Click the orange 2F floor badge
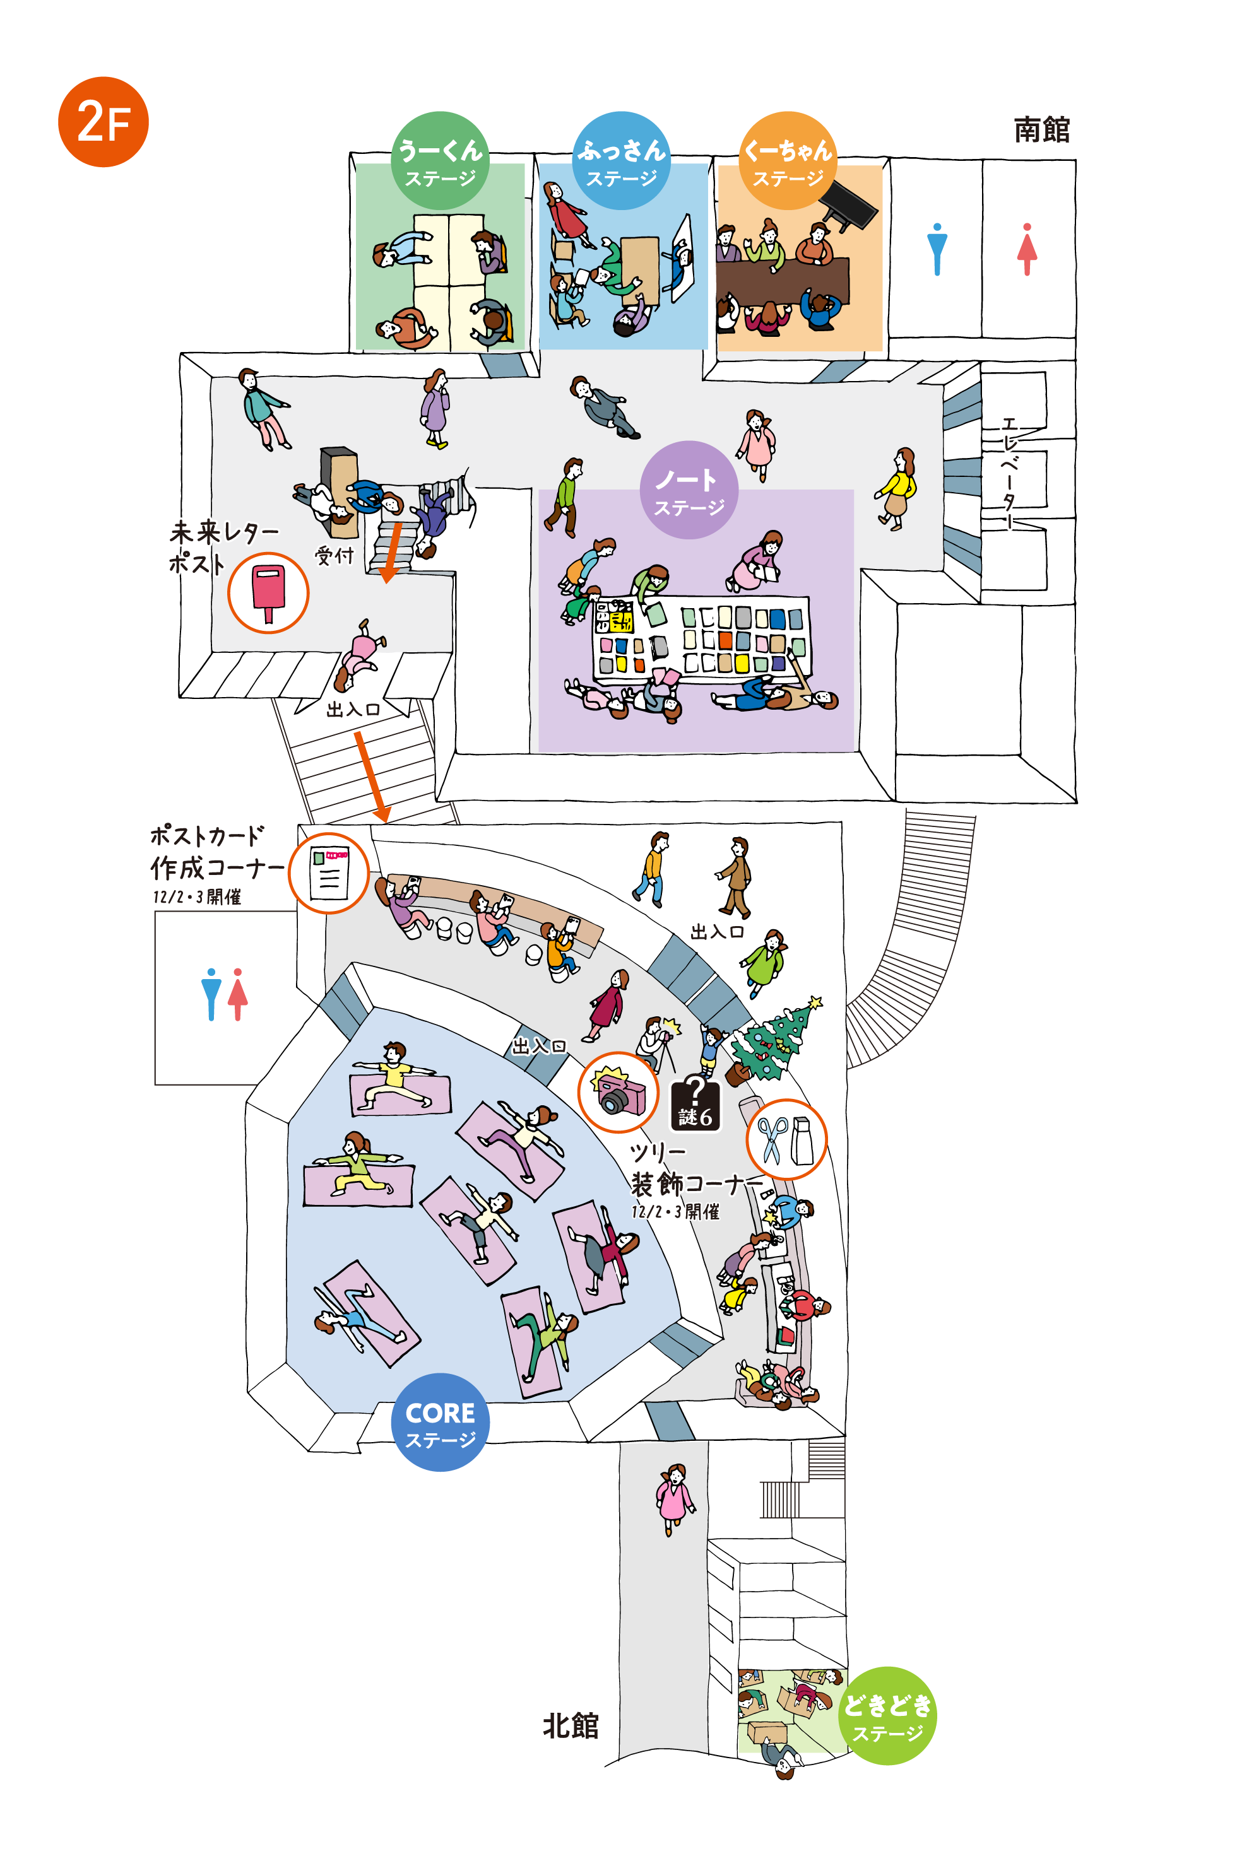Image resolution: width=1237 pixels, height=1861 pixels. click(104, 122)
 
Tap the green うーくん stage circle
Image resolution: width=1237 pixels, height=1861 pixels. click(441, 160)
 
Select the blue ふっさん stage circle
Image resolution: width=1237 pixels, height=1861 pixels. click(621, 160)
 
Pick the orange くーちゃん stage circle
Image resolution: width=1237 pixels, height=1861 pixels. click(788, 160)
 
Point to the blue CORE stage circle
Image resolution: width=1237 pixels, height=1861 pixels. click(441, 1422)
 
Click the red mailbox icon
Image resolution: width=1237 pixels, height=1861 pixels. click(268, 593)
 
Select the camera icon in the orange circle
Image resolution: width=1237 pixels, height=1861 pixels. click(618, 1092)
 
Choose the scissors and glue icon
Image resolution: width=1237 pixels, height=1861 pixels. click(786, 1139)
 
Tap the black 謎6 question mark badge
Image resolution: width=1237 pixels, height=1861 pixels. click(695, 1104)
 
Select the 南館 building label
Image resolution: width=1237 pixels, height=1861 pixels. click(1041, 129)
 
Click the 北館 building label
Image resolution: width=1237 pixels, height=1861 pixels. click(571, 1726)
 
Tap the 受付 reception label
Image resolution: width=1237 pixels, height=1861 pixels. click(334, 555)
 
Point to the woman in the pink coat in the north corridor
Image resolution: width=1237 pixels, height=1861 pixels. click(675, 1498)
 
